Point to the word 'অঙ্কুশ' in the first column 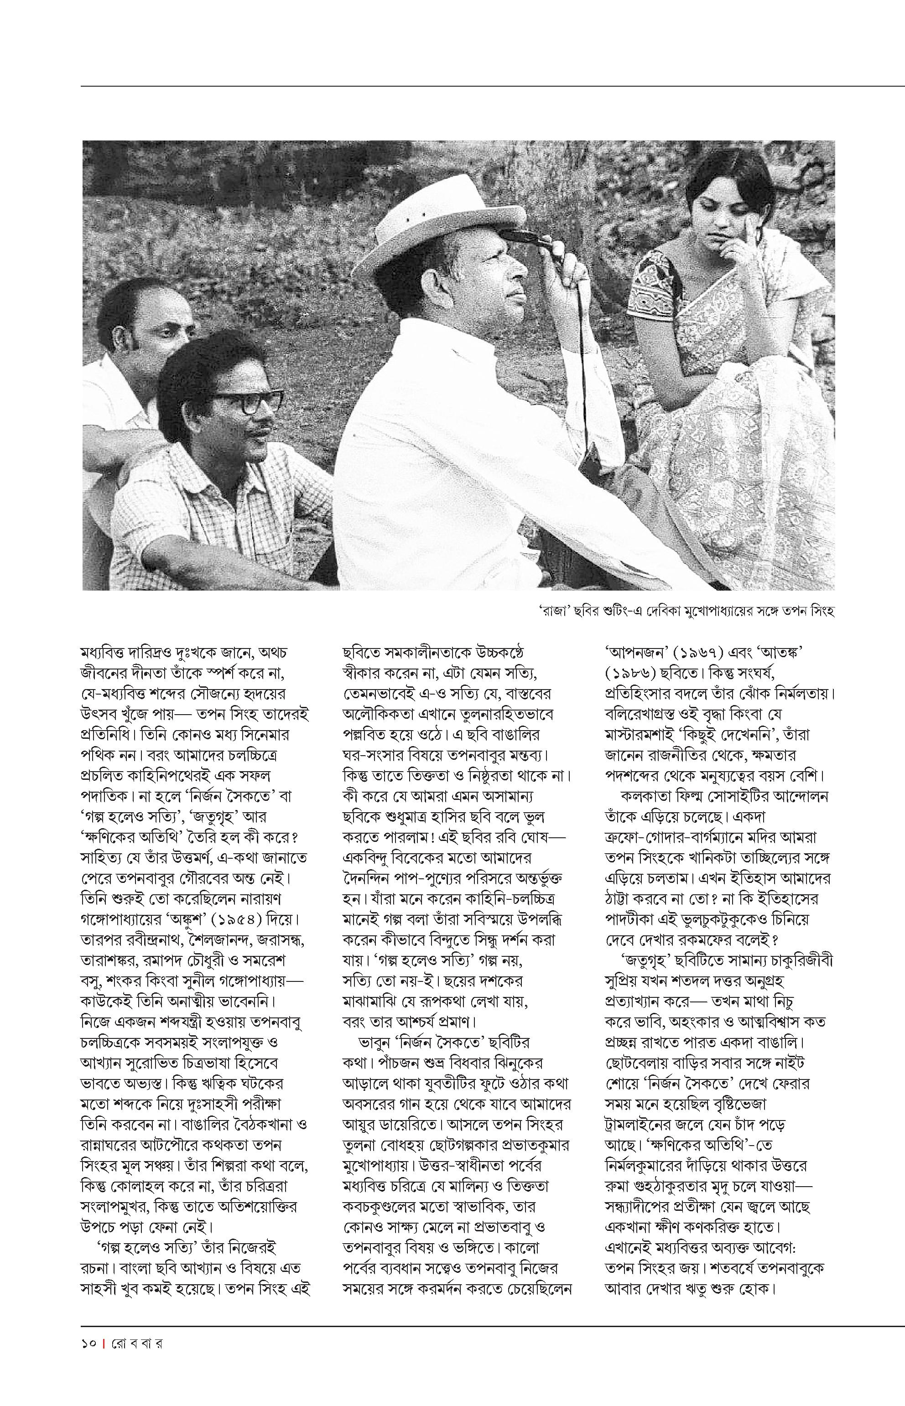[x=179, y=919]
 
